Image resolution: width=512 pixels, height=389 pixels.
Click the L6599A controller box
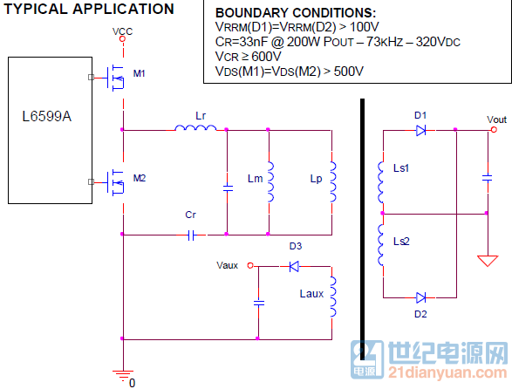50,130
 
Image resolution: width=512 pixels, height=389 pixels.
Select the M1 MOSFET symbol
115,78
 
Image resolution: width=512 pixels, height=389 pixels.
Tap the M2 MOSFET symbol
115,182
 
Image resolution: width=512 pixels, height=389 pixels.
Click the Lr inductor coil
195,127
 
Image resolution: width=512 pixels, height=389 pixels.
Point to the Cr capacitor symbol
192,235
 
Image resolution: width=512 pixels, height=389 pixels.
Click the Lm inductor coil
270,181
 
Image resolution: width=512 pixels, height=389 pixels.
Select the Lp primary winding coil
333,181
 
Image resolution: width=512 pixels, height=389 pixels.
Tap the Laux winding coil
333,297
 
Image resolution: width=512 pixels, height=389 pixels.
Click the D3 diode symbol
294,267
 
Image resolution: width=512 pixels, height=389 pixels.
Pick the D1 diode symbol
420,131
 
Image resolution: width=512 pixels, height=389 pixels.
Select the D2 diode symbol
420,297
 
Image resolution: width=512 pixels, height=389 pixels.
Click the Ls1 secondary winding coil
381,182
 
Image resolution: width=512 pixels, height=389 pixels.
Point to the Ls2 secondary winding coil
381,244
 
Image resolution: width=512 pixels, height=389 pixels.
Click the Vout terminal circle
494,130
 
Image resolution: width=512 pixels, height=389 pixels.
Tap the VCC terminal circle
122,39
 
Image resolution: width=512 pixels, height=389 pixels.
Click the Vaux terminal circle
250,265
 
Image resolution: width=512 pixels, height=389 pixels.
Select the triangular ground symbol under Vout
488,261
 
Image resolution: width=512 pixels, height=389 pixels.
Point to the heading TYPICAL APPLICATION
89,9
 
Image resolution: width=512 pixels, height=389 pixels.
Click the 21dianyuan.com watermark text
447,372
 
